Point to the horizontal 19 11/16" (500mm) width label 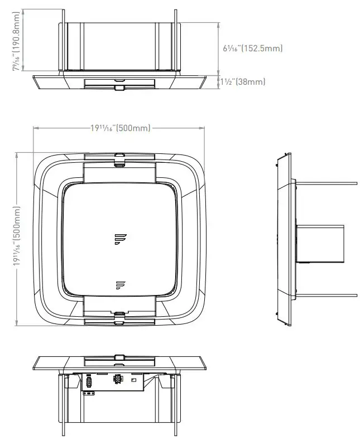(x=120, y=128)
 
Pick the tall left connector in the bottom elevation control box (x=88, y=383)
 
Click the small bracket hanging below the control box (x=88, y=393)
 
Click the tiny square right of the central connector (x=133, y=379)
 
